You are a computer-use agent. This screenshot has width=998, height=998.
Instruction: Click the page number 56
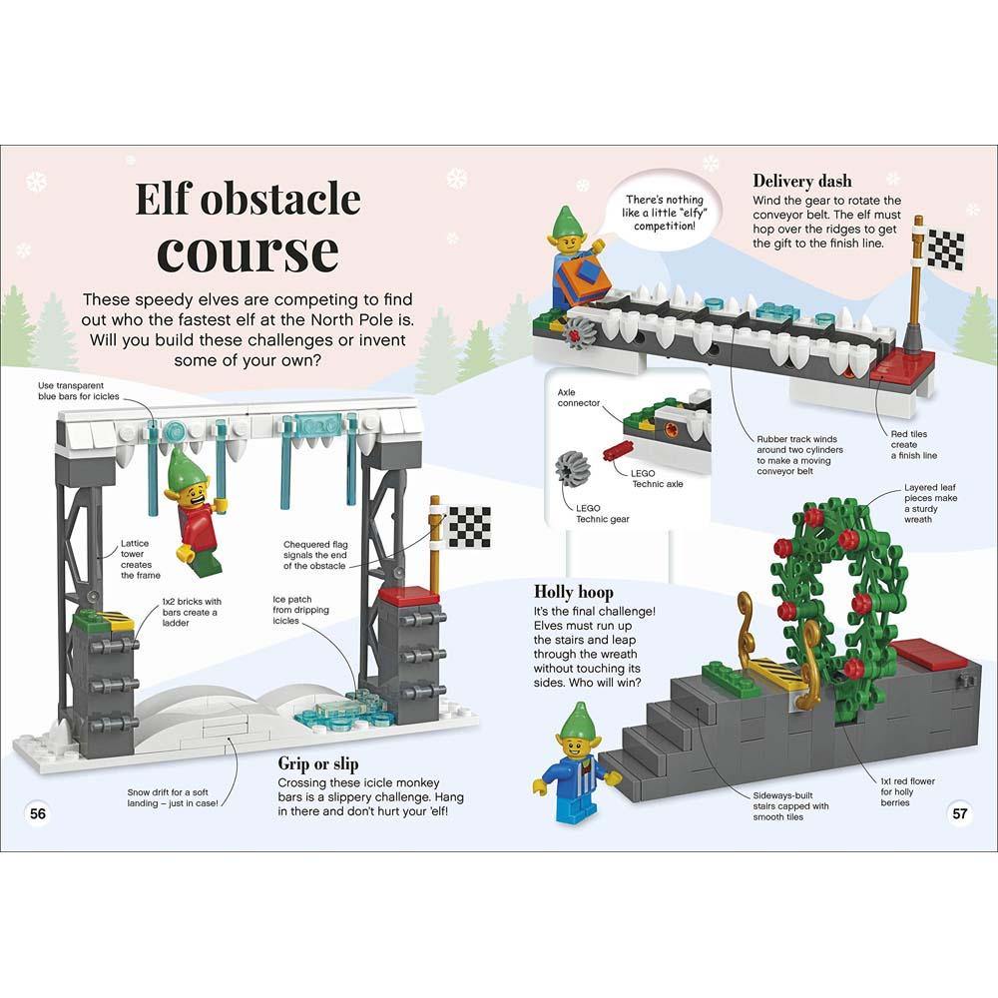(x=38, y=813)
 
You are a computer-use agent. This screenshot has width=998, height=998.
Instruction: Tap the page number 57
(x=960, y=813)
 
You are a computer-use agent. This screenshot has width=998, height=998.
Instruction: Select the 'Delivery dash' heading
(x=802, y=181)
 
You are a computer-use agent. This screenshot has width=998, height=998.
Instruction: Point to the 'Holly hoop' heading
(x=574, y=592)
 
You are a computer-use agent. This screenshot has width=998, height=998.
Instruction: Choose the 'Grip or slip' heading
(x=321, y=764)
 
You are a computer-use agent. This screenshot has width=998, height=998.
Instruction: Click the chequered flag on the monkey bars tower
(x=467, y=525)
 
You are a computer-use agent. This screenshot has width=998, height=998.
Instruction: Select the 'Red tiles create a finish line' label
(x=914, y=444)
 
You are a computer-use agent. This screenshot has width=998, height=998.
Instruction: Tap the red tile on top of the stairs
(x=929, y=655)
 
